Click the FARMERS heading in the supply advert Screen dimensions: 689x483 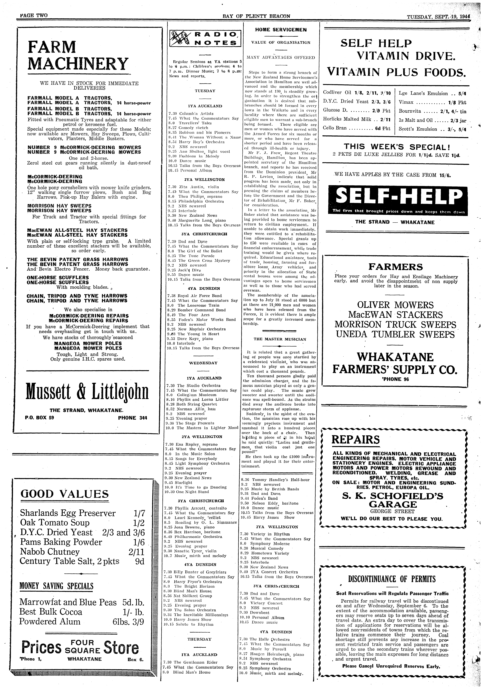[395, 267]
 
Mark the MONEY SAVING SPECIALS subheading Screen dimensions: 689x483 [56, 586]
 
